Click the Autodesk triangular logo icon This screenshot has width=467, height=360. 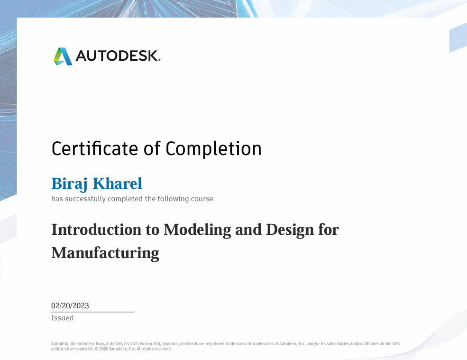[x=63, y=56]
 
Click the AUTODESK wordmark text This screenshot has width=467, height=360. [x=118, y=56]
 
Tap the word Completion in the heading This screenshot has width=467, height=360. [x=213, y=149]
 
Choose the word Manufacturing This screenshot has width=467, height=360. [x=105, y=252]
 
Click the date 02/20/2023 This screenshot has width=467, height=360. [x=70, y=306]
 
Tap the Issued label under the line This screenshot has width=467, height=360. [x=62, y=318]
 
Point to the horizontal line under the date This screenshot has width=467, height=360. [x=92, y=312]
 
